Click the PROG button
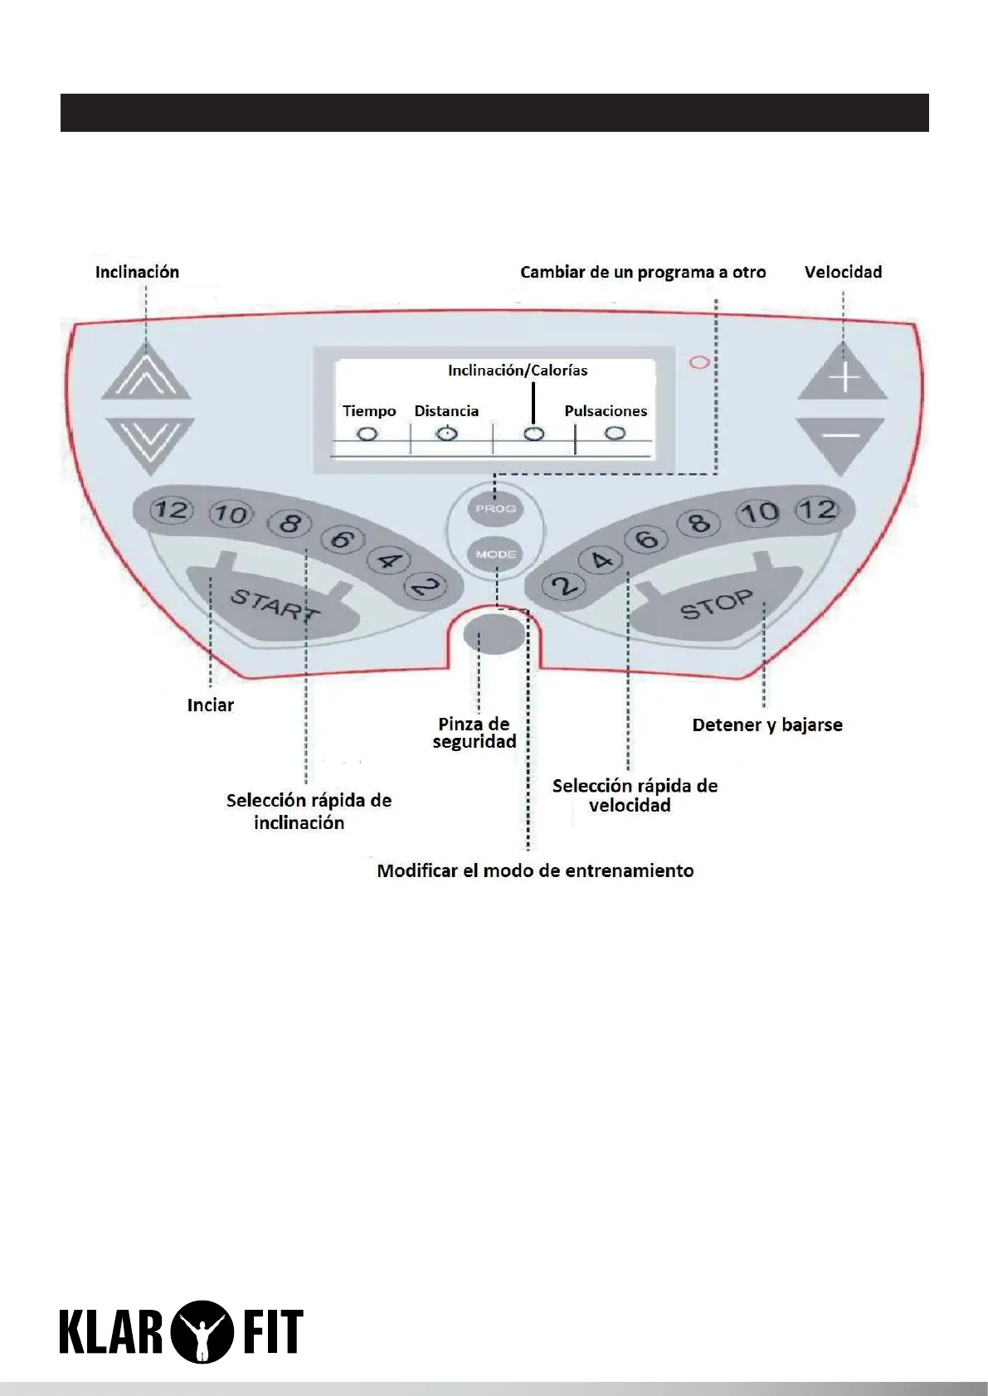495,508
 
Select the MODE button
495,554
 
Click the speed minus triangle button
841,441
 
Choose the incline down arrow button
149,442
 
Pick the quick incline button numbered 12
171,509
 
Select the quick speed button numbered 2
564,587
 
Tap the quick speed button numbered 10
760,512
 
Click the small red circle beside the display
700,362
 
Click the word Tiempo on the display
369,411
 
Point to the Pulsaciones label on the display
606,411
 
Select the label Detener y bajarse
767,725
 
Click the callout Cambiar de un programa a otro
643,273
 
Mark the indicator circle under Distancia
447,433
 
